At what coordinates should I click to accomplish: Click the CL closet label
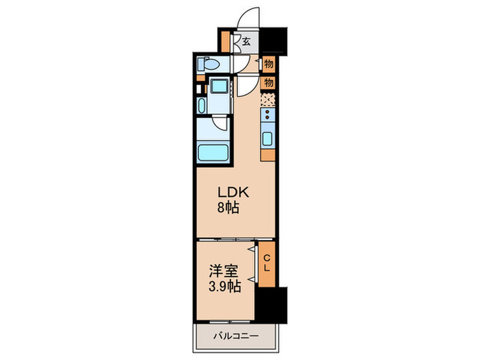(266, 262)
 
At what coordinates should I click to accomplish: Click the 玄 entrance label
(246, 41)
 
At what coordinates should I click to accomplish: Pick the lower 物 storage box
(268, 82)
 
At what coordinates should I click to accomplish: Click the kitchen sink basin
(267, 140)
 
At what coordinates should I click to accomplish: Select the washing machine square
(220, 87)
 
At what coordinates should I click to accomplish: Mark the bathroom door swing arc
(220, 124)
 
